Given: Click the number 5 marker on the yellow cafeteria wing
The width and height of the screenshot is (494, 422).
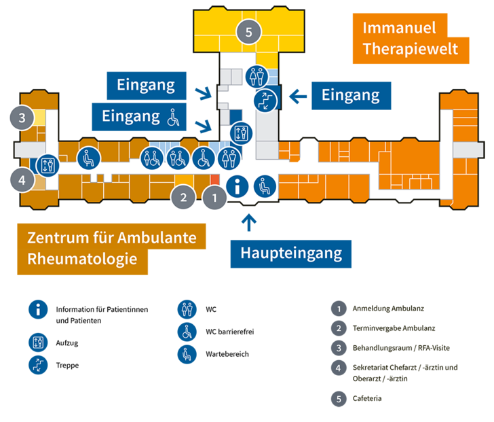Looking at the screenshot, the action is coord(249,32).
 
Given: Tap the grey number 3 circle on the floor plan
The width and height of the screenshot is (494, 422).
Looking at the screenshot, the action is coord(22,118).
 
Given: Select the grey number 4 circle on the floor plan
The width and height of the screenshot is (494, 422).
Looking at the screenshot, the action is coord(22,180).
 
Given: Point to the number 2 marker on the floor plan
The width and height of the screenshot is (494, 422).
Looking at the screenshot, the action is coord(183,198).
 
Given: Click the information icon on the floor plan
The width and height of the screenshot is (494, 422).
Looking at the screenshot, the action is coord(237,186).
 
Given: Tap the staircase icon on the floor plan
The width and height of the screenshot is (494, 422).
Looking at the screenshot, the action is coord(265,101).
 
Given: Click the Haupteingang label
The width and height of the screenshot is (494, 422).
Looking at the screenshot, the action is coord(291,253).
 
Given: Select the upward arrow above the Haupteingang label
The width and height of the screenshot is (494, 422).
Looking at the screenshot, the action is coord(249,222).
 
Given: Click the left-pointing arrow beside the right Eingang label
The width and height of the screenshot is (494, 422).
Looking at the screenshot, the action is coord(298,96).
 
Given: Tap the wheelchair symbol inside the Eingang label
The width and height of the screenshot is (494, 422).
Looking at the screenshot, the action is coord(173,118).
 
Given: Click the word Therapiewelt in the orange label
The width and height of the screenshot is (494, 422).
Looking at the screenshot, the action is coord(410,49).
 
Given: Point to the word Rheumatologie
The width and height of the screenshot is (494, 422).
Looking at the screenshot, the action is coord(82,260).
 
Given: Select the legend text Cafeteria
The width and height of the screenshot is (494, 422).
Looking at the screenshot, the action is coord(367,398).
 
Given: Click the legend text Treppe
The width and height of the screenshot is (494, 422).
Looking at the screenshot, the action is coord(67,365).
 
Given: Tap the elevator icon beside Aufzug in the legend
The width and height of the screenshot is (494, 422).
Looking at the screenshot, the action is coord(38,342).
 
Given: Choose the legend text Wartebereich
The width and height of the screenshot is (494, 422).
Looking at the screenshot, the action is coord(227,354).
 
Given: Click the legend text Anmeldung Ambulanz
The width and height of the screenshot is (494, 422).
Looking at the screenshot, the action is coord(388,309).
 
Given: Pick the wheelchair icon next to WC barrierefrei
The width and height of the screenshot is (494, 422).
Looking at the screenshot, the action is coord(187,332).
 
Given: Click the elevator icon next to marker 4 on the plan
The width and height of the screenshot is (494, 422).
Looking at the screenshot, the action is coord(47,165).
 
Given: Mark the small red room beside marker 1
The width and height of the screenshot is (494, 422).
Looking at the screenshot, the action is coord(215,179).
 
